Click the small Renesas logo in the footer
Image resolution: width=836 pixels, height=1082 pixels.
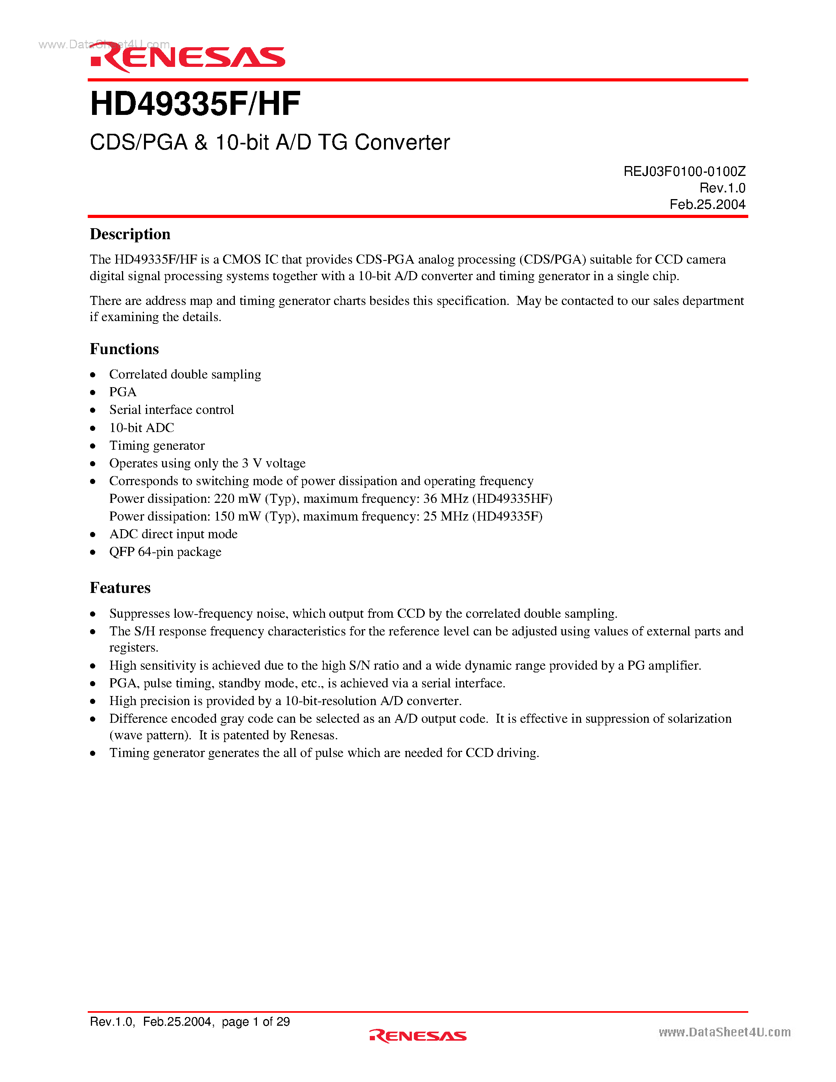(417, 1036)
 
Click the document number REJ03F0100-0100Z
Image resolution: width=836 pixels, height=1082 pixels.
(684, 172)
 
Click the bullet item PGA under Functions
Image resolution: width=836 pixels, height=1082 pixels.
(123, 392)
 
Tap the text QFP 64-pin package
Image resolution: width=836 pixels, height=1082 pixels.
(165, 552)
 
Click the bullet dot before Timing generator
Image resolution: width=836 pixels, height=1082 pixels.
(92, 446)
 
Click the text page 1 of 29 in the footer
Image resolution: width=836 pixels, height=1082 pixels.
(256, 1021)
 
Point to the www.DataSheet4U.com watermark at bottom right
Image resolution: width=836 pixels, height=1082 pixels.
(724, 1032)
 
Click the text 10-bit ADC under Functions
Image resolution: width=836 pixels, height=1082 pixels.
(142, 428)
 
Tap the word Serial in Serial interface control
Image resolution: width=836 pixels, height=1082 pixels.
(125, 410)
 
